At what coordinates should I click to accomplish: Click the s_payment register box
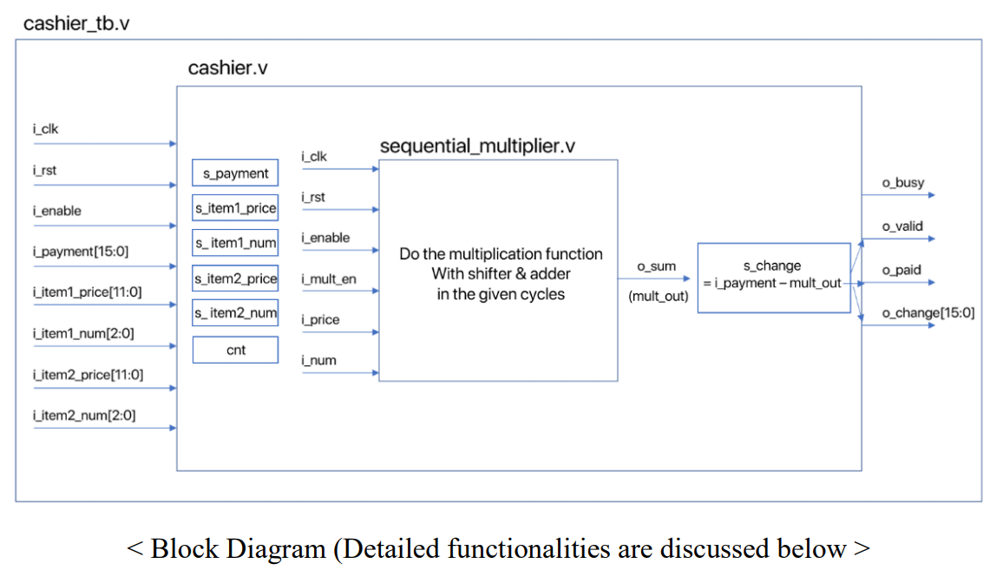click(235, 173)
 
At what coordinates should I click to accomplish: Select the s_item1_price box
click(235, 208)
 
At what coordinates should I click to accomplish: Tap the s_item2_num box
click(235, 313)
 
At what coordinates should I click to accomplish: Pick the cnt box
click(235, 350)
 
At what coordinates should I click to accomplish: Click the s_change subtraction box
click(774, 278)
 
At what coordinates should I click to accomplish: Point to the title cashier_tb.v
click(76, 23)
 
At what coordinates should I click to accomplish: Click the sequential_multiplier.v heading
click(477, 146)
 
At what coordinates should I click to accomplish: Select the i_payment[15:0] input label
click(81, 252)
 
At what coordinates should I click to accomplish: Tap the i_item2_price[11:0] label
click(88, 375)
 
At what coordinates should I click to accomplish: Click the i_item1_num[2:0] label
click(84, 333)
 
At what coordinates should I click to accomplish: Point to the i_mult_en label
click(329, 278)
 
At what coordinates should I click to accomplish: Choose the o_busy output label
click(903, 183)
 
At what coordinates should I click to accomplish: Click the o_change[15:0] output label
click(928, 313)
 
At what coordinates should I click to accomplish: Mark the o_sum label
click(656, 266)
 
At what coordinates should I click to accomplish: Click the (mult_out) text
click(659, 296)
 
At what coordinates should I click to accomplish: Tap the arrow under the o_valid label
click(899, 239)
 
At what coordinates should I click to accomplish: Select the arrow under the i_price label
click(340, 332)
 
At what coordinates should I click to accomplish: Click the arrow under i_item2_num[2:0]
click(105, 428)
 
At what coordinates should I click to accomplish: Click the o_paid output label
click(901, 270)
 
